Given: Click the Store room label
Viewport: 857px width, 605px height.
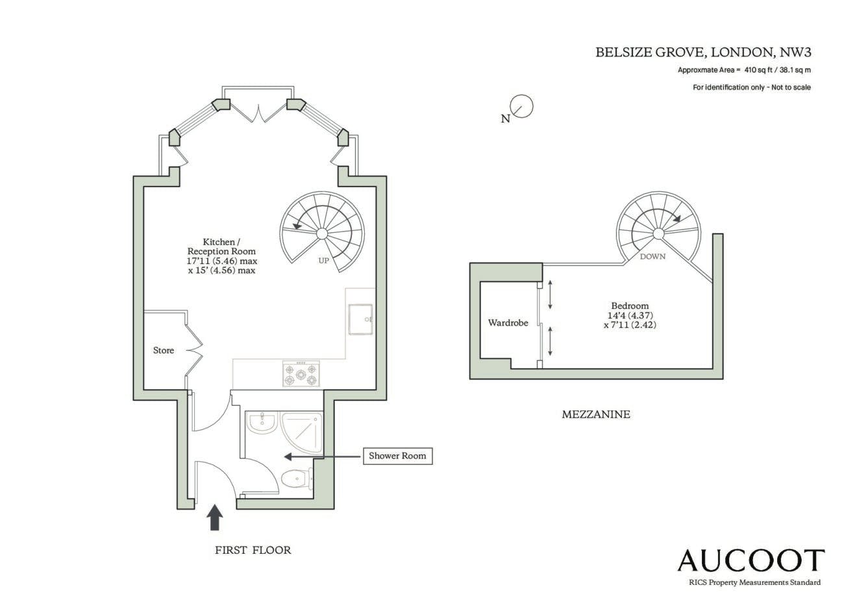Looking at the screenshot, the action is (164, 350).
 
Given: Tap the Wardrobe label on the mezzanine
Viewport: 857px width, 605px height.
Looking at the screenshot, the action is (508, 322).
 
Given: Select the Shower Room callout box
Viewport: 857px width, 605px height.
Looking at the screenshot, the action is (397, 456).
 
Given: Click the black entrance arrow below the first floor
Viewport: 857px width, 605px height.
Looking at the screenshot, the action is (215, 517).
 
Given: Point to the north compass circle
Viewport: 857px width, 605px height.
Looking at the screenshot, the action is (521, 106).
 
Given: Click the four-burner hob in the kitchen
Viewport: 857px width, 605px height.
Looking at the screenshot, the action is (301, 374).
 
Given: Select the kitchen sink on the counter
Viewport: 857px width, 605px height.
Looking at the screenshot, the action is (360, 319).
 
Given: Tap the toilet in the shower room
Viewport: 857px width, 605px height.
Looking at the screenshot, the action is (297, 478).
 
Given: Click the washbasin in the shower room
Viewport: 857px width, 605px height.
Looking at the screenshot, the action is (261, 422).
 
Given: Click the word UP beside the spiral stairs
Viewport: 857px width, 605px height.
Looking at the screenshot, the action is (324, 261).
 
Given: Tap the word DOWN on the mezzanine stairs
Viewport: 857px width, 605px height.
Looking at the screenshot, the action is (652, 256).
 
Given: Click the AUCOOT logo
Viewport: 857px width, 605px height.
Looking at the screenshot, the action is (751, 560).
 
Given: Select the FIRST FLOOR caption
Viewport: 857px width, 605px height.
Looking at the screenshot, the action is (253, 550).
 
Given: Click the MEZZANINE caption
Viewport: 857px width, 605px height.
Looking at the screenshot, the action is (596, 414).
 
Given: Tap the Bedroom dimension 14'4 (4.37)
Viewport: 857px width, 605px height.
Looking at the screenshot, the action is (630, 315).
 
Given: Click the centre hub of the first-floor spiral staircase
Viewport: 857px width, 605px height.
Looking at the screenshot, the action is (322, 233).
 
